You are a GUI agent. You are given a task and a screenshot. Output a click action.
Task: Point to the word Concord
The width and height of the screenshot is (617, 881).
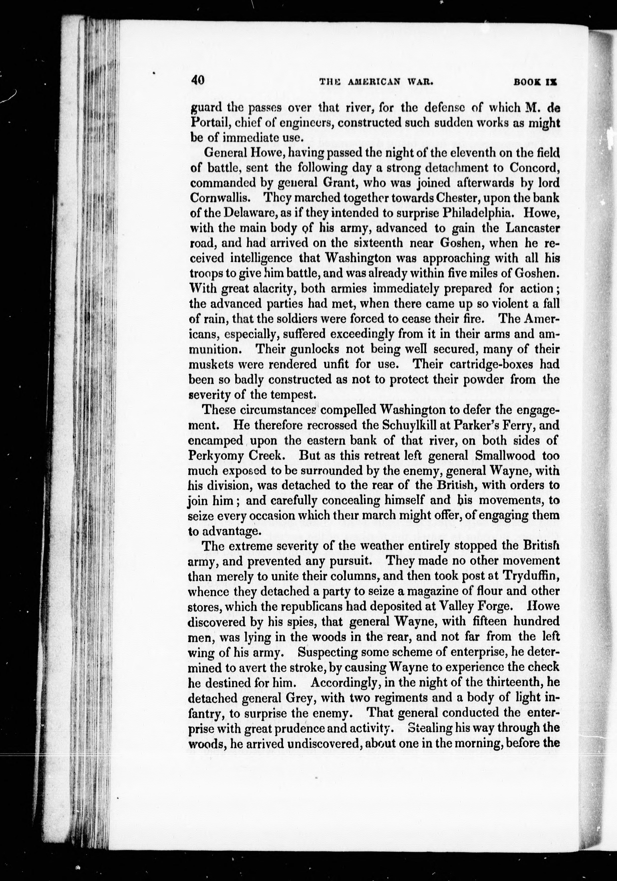534,168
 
